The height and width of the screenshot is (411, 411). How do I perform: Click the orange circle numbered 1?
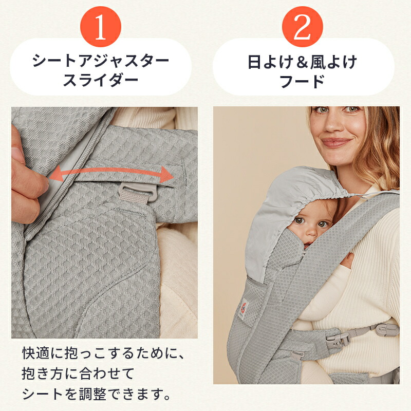[x=100, y=29]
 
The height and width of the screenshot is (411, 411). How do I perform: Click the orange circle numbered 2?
[x=302, y=29]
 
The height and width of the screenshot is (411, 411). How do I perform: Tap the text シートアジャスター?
[x=101, y=62]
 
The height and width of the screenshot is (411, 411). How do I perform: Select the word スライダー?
[x=101, y=80]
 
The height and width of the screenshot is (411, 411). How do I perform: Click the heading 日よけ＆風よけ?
[x=303, y=62]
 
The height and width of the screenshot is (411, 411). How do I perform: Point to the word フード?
[x=303, y=80]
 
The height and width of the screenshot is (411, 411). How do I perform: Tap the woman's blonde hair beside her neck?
[x=383, y=154]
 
